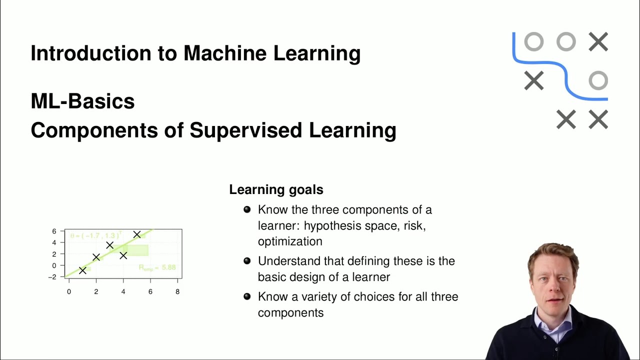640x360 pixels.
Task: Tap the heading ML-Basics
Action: coord(82,101)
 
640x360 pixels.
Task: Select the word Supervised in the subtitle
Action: coord(247,130)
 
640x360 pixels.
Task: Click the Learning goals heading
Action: coord(276,189)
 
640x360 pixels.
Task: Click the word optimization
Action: coord(290,241)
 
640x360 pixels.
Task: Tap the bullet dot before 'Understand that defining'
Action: coord(247,261)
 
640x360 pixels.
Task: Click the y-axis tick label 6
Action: coord(54,231)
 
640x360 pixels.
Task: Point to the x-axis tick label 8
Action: coord(177,291)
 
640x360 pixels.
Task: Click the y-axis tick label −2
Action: coord(52,277)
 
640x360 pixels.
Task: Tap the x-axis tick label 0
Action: coord(69,291)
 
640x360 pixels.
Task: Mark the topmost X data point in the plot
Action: coord(137,234)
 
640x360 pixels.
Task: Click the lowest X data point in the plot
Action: coord(82,270)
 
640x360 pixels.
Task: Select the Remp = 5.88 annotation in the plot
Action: coord(157,268)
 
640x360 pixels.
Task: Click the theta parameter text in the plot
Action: coord(95,235)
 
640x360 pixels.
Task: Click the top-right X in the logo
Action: coord(598,42)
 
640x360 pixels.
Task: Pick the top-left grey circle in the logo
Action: coord(533,42)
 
